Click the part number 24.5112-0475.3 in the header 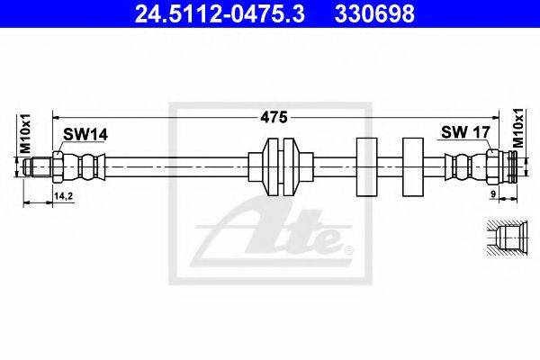point(220,13)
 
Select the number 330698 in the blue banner point(374,13)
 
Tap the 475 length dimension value point(274,118)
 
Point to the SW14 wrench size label point(85,134)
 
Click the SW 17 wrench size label point(465,132)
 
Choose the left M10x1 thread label point(25,134)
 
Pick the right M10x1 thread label point(517,128)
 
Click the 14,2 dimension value point(63,196)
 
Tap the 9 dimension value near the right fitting point(493,194)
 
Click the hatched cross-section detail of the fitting point(508,238)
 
